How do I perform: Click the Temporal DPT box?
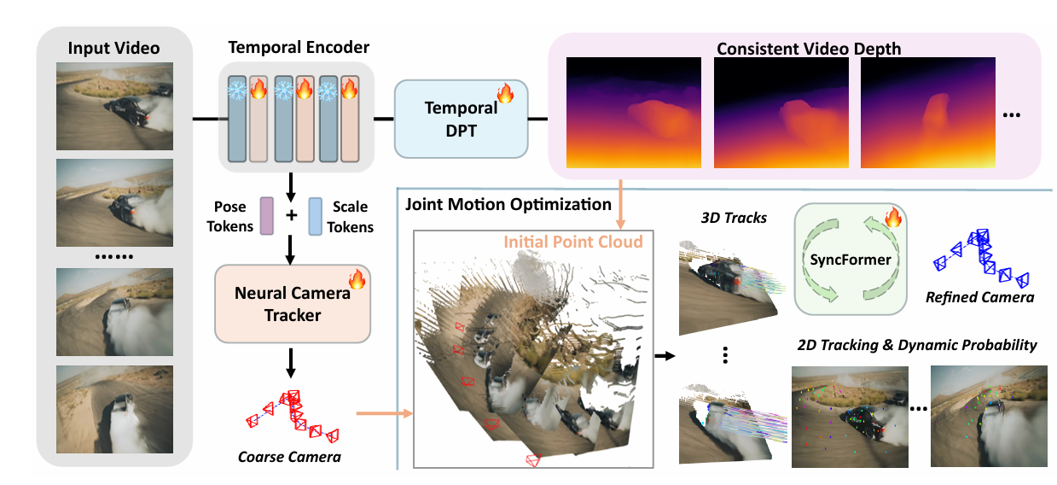tap(461, 120)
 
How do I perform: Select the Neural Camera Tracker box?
tap(292, 304)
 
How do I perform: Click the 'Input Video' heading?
tap(114, 46)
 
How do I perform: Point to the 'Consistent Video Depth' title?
tap(808, 48)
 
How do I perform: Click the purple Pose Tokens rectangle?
tap(264, 215)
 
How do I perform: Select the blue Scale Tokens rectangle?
tap(316, 215)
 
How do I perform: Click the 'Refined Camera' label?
tap(980, 297)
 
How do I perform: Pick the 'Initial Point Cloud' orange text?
tap(572, 242)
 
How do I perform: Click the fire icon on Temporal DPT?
tap(505, 92)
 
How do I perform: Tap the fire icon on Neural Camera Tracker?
tap(356, 278)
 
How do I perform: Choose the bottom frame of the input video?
tap(114, 409)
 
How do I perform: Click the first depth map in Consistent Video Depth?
tap(634, 113)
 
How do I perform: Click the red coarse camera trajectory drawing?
tap(290, 414)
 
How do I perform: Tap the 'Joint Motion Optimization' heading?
tap(508, 205)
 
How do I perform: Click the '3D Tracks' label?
tap(723, 219)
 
